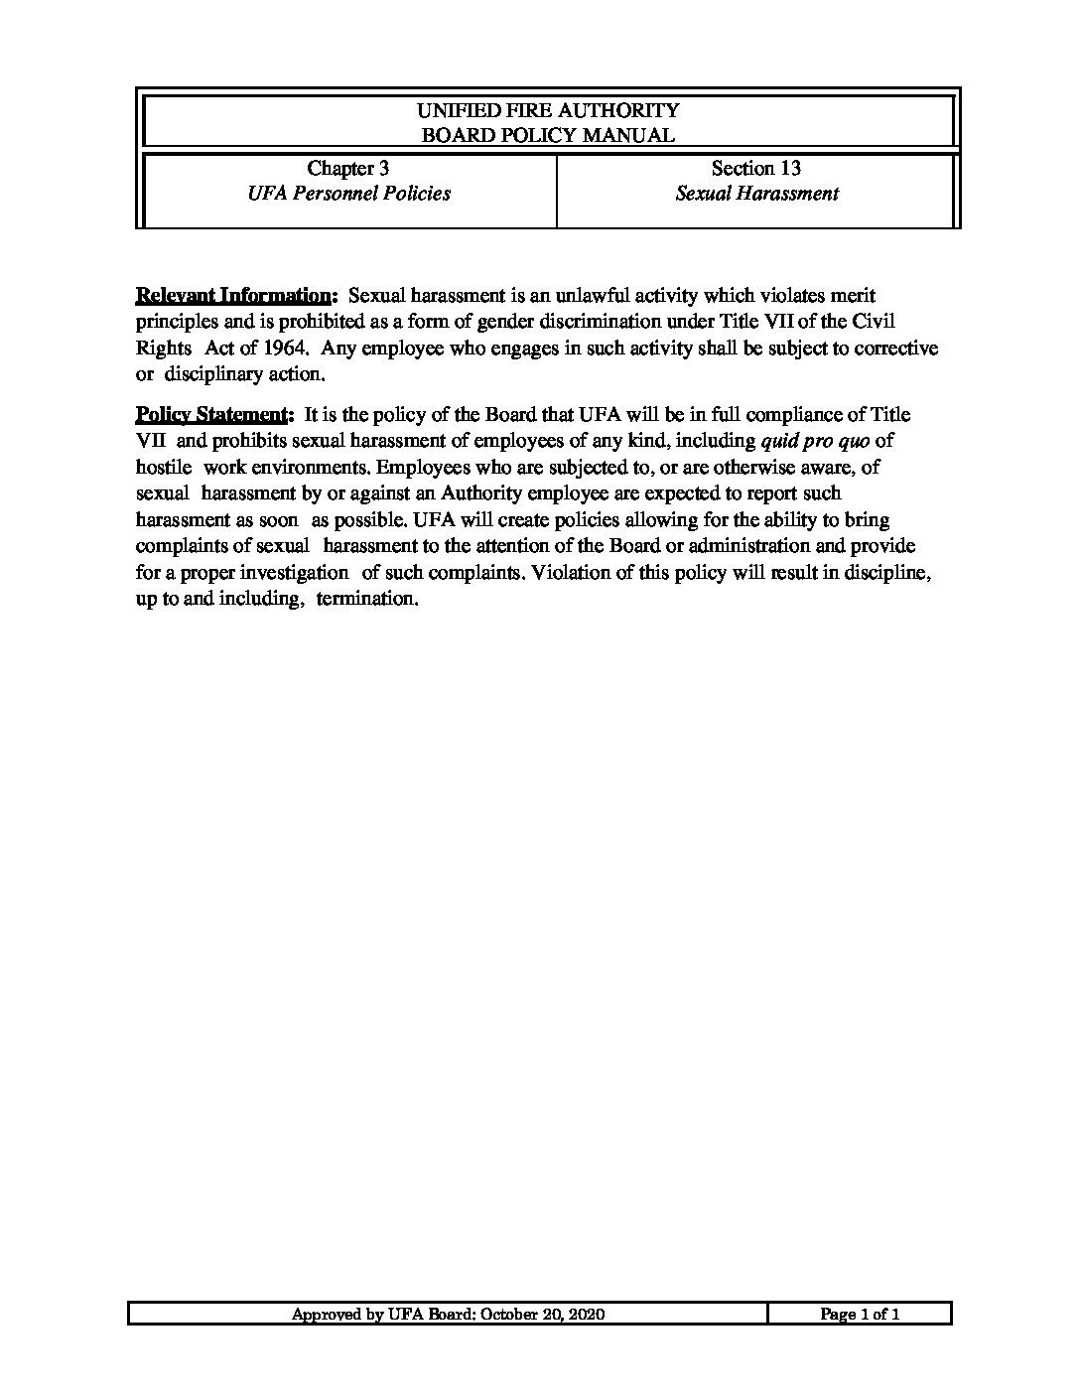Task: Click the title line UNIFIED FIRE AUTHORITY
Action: click(x=547, y=110)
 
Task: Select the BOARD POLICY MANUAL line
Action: click(x=547, y=136)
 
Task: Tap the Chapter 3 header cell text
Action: click(x=347, y=169)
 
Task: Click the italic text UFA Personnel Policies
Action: click(x=348, y=194)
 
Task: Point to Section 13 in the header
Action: click(x=756, y=169)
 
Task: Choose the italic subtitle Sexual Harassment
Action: click(x=756, y=194)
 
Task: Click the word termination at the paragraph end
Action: click(x=365, y=600)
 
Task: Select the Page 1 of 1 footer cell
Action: click(x=860, y=1315)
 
